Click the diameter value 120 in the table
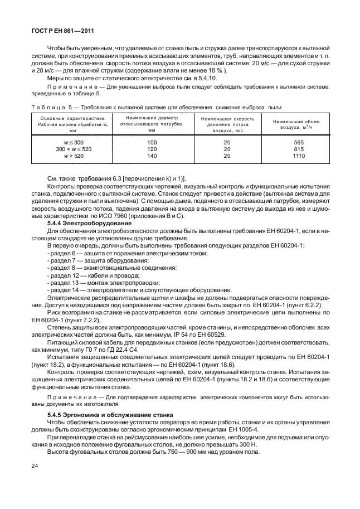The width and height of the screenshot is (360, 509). point(152,150)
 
